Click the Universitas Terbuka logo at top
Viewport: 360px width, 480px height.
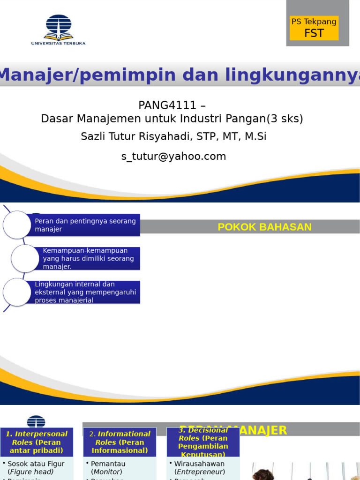[59, 30]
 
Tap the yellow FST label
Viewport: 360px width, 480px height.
[314, 33]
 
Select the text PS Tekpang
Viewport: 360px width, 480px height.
[314, 22]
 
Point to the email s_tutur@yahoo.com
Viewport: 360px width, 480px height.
[173, 157]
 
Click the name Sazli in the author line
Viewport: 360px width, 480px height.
[94, 136]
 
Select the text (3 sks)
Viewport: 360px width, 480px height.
[285, 119]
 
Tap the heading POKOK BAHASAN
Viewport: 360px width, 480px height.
[264, 227]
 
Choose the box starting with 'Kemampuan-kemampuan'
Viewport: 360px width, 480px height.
[89, 258]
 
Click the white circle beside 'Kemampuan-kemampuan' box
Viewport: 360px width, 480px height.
[25, 258]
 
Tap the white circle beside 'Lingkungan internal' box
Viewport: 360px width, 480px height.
[17, 292]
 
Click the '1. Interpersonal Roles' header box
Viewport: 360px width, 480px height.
[37, 442]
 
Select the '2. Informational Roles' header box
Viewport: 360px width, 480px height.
[120, 442]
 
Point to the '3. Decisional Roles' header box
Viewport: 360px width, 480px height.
[203, 442]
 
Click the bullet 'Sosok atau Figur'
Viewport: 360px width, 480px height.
[36, 464]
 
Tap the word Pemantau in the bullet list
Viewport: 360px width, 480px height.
[108, 464]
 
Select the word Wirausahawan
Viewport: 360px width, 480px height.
[199, 464]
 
